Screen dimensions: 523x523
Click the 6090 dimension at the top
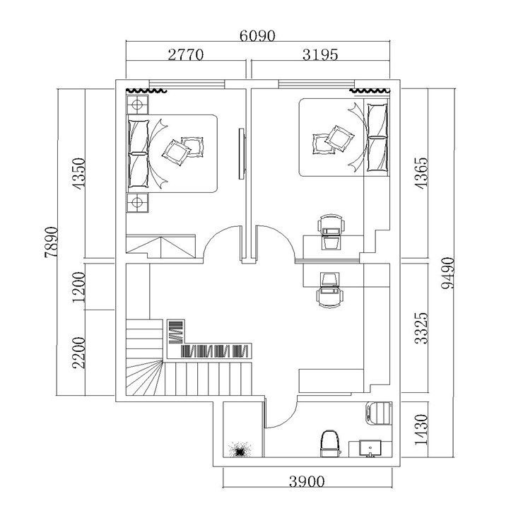pyautogui.click(x=257, y=35)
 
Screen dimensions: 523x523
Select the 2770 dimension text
pyautogui.click(x=185, y=54)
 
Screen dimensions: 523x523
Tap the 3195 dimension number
pyautogui.click(x=320, y=54)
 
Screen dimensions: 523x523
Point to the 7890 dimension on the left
pyautogui.click(x=52, y=242)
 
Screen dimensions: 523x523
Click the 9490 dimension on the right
pyautogui.click(x=447, y=273)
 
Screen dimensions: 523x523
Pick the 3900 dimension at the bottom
pyautogui.click(x=307, y=481)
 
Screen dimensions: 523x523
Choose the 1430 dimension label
pyautogui.click(x=421, y=430)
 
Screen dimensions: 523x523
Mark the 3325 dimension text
pyautogui.click(x=421, y=328)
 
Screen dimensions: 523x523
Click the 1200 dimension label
pyautogui.click(x=79, y=287)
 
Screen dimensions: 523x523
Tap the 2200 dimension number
pyautogui.click(x=79, y=353)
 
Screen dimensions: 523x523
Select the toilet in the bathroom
pyautogui.click(x=330, y=444)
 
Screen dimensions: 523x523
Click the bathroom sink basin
pyautogui.click(x=370, y=448)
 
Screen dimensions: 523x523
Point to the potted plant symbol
pyautogui.click(x=240, y=449)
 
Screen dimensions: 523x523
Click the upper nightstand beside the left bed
pyautogui.click(x=137, y=105)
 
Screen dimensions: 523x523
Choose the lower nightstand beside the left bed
pyautogui.click(x=137, y=202)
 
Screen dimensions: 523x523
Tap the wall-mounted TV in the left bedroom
pyautogui.click(x=242, y=154)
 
